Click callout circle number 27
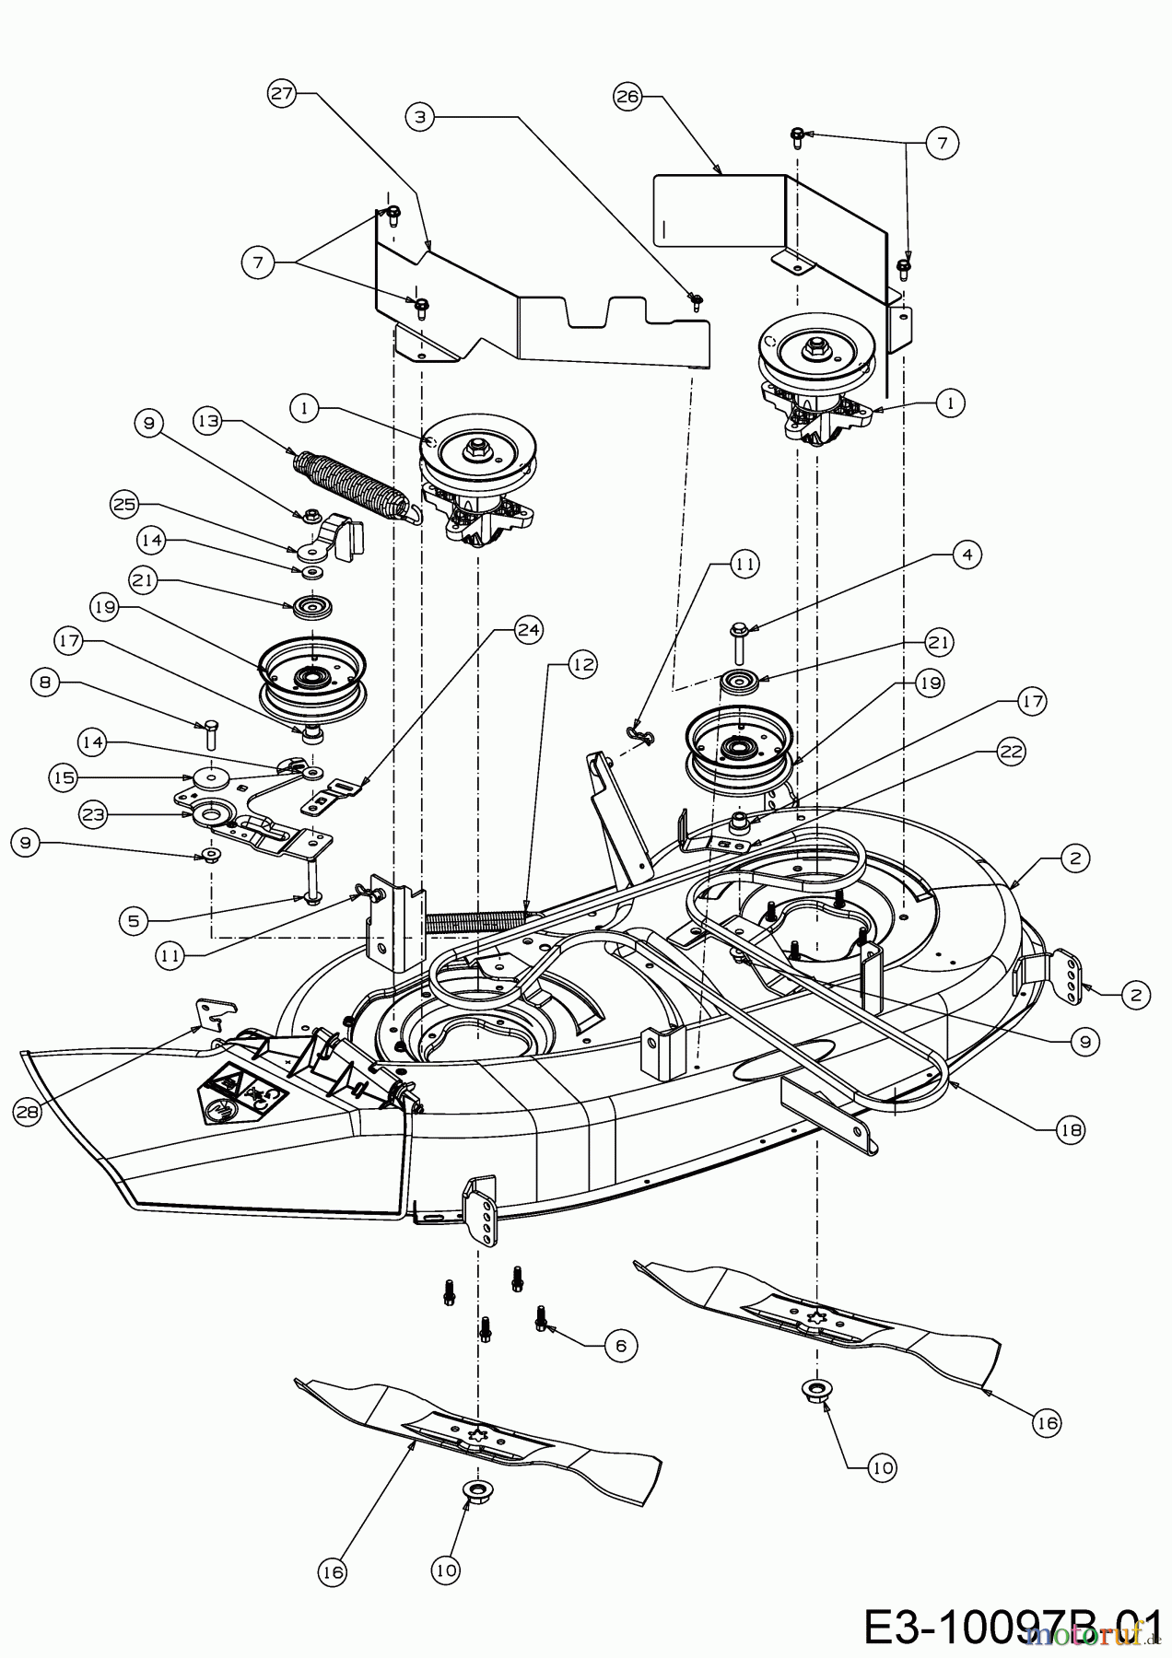(282, 93)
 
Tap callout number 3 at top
(419, 117)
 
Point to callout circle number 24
(530, 630)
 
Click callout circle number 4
(967, 555)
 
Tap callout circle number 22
(1011, 751)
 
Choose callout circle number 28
(28, 1112)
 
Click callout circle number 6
(620, 1346)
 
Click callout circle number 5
(135, 920)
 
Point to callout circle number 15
(63, 776)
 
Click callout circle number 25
(124, 504)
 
